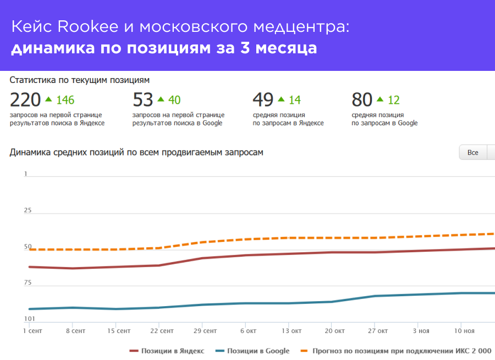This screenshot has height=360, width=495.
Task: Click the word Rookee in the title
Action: point(80,27)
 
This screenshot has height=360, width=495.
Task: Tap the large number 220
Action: point(25,100)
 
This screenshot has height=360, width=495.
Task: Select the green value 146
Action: point(65,100)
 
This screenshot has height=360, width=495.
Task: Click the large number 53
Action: point(143,100)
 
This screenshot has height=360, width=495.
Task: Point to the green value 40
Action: point(174,100)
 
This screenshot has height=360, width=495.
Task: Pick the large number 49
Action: point(263,100)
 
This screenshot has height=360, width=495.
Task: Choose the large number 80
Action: point(362,100)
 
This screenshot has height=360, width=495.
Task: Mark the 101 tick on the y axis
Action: point(29,319)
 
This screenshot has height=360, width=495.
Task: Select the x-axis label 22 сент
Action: point(162,331)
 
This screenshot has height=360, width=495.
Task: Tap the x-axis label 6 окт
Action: point(249,331)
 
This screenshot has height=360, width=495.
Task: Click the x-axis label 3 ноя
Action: point(421,331)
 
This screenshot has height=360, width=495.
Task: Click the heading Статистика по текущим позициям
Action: point(79,80)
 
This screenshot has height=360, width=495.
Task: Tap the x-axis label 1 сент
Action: point(32,331)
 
